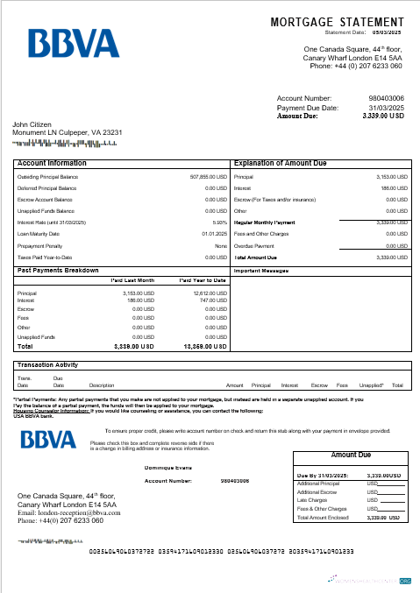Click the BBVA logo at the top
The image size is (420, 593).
pyautogui.click(x=73, y=44)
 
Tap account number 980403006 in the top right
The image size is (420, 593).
pyautogui.click(x=387, y=98)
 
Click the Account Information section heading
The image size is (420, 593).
pyautogui.click(x=52, y=163)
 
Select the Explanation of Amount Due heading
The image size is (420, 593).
pyautogui.click(x=281, y=163)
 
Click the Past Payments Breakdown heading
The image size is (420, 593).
pyautogui.click(x=58, y=271)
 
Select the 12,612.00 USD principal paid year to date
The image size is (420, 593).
pyautogui.click(x=210, y=293)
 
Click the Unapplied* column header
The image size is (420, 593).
pyautogui.click(x=371, y=385)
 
